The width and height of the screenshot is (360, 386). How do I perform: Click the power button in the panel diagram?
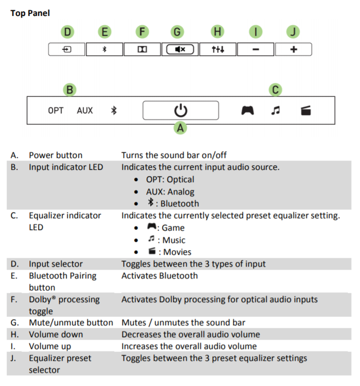click(181, 110)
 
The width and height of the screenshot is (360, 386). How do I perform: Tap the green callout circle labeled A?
click(181, 128)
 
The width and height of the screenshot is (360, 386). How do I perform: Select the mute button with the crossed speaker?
click(179, 49)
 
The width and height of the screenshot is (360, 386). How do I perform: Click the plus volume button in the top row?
click(293, 49)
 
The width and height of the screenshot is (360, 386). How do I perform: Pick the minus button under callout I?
click(256, 49)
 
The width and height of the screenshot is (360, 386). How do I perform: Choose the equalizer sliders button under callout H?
click(218, 49)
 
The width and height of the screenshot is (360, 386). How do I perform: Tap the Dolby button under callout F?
click(142, 49)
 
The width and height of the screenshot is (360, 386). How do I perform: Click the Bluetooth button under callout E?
click(104, 49)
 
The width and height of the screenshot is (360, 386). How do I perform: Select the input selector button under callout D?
click(67, 49)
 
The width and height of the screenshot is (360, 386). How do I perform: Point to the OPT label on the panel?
click(56, 110)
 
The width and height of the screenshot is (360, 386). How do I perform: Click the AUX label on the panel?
click(85, 110)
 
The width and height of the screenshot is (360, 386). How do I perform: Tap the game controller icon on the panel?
click(248, 110)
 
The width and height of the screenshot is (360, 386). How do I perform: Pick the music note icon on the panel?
click(276, 110)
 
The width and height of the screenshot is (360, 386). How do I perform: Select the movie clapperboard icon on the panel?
click(306, 110)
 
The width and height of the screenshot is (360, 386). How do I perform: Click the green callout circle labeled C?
click(276, 90)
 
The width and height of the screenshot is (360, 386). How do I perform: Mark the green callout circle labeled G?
click(177, 32)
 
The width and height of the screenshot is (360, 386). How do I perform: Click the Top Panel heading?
click(30, 13)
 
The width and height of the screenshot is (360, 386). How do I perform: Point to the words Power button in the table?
click(56, 155)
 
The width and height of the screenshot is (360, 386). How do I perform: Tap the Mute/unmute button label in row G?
click(70, 323)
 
